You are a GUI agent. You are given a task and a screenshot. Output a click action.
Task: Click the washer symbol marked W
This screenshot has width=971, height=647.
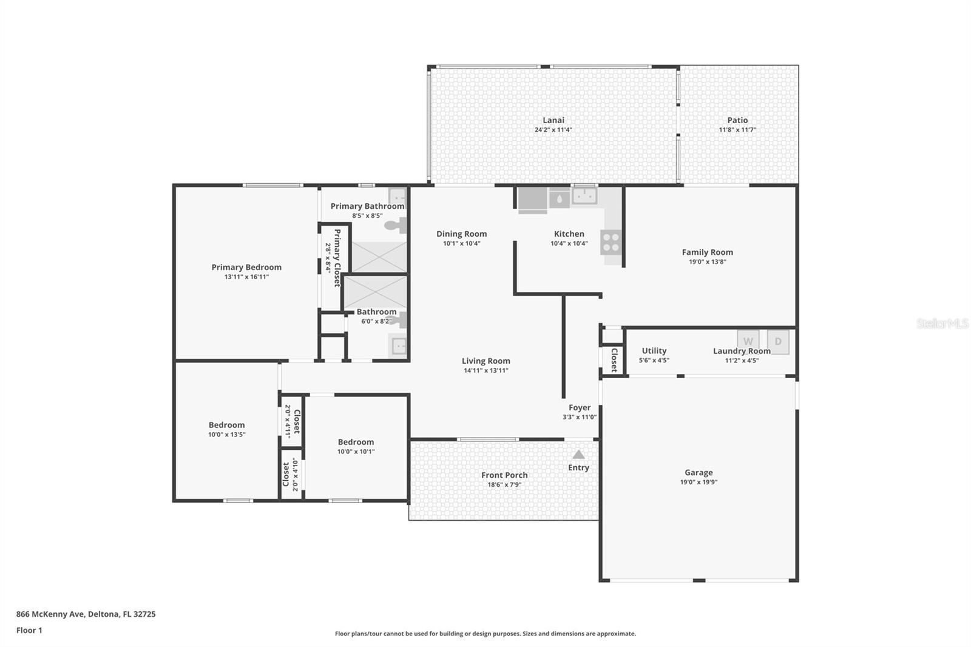748,341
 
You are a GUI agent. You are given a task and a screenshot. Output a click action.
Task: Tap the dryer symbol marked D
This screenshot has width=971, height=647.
778,341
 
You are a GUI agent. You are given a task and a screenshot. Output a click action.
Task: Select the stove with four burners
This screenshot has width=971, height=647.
611,242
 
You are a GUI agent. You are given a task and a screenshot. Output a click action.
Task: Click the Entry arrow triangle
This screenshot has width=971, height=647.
578,454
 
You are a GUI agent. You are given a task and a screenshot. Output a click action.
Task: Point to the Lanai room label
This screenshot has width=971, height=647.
553,120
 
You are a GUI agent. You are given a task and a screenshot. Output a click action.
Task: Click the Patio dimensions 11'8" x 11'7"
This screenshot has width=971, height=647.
737,130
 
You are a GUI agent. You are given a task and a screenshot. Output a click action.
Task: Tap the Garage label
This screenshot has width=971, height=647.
699,472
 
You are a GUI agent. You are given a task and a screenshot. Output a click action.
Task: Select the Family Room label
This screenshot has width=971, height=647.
707,252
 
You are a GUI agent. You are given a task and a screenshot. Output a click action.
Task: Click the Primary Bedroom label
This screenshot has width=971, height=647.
246,267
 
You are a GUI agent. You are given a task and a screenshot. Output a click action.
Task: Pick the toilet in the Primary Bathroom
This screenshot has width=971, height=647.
395,226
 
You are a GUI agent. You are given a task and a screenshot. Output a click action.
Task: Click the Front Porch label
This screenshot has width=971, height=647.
504,475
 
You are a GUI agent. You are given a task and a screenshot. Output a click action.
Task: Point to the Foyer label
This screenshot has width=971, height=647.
580,408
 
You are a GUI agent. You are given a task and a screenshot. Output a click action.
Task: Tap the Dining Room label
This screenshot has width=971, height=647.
461,234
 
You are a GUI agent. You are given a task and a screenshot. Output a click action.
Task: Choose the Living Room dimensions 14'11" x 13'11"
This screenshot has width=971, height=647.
486,370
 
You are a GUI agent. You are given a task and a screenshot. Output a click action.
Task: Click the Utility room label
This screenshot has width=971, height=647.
654,351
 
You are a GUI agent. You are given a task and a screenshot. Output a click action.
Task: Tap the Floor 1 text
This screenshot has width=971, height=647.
29,630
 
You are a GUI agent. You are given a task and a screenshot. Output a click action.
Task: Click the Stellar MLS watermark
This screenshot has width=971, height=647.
942,323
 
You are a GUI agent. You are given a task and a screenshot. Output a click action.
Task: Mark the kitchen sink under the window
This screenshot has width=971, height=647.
585,196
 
